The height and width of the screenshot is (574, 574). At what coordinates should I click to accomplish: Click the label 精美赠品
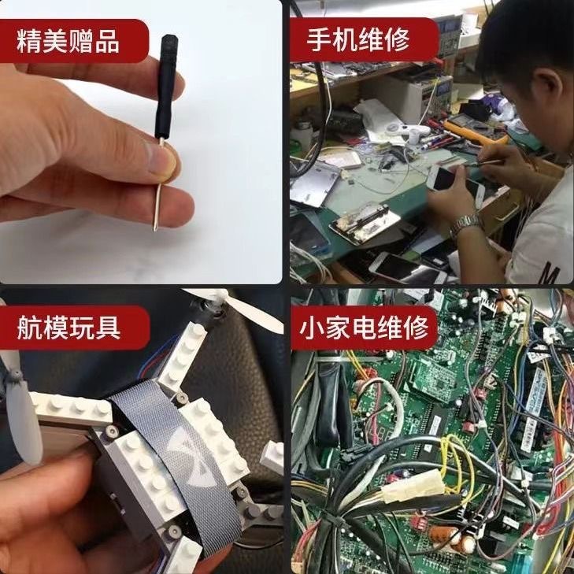point(69,40)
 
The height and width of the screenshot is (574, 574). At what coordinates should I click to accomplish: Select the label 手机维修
point(359,40)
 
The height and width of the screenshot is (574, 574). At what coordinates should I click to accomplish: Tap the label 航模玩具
point(69,328)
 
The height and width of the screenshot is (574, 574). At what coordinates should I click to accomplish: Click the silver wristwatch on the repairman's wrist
point(466,224)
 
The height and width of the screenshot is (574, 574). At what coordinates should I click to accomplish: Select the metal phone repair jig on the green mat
point(364,224)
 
